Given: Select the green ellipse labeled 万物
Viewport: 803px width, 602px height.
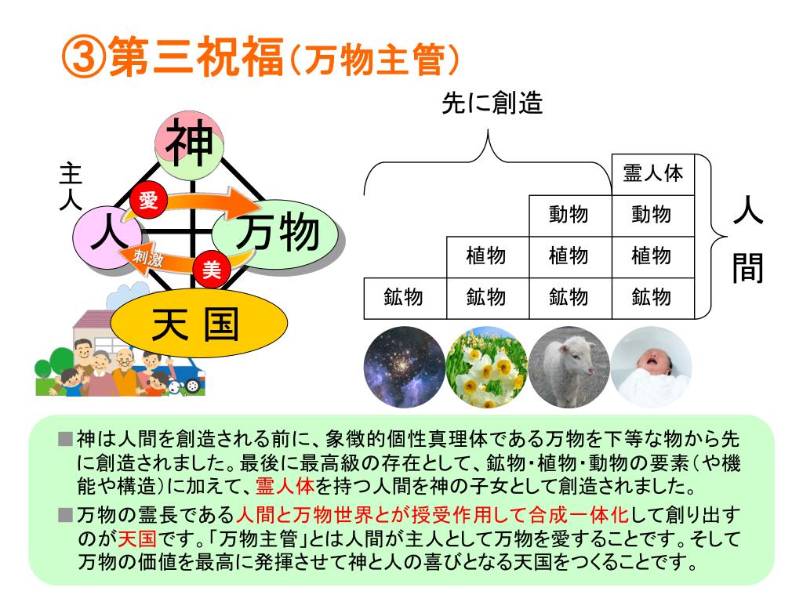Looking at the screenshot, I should coord(278,234).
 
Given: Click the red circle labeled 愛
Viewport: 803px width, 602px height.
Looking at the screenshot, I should coord(147,201).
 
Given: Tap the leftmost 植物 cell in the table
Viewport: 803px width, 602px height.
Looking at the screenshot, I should coord(487,256).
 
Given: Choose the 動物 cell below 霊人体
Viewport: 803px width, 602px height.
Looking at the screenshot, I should coord(652,214).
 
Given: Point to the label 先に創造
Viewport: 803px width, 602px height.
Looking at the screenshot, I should coord(492,104).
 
